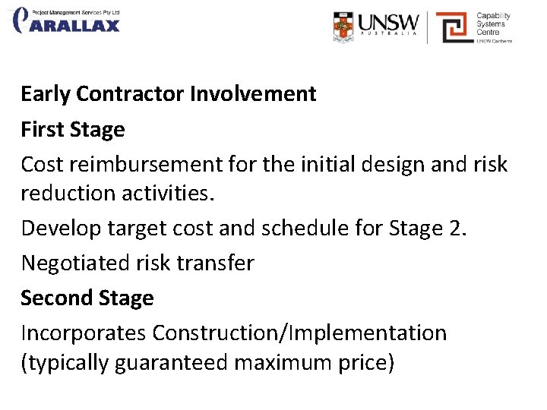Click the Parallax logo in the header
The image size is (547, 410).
67,21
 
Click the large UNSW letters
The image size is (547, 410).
387,21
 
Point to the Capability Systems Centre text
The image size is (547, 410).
493,24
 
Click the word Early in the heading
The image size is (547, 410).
46,94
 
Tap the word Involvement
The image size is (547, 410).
253,94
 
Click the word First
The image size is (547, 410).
42,130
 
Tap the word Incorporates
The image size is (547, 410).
83,333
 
